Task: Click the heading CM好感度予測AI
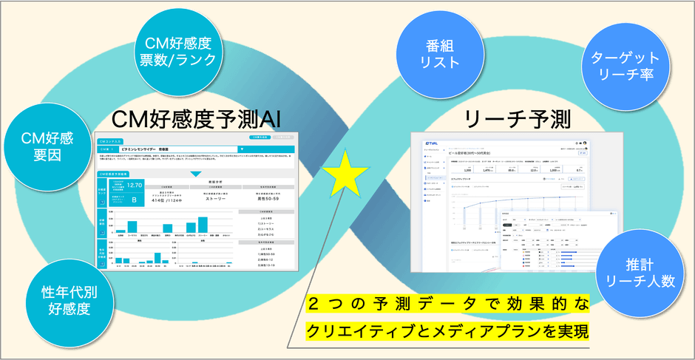click(195, 119)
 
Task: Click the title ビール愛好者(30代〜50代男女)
click(474, 151)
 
